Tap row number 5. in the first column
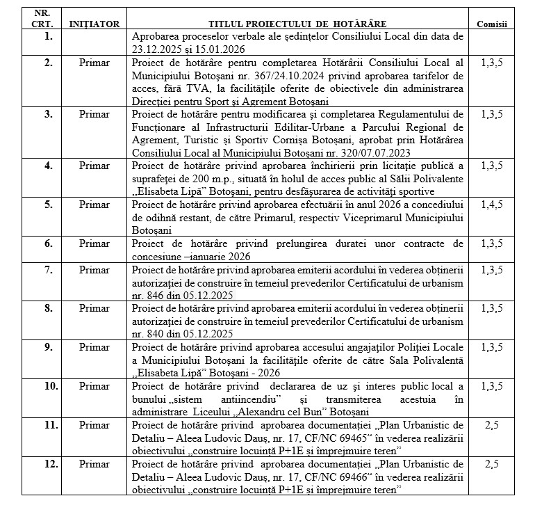48,205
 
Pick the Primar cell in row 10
94,384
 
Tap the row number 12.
48,462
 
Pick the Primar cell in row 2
94,63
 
